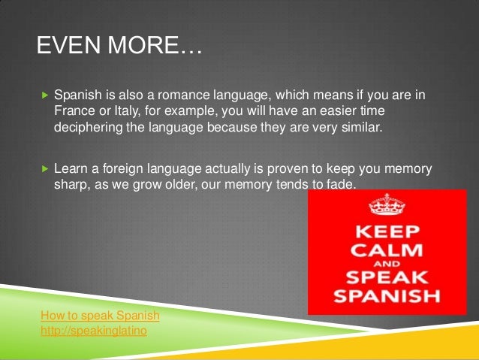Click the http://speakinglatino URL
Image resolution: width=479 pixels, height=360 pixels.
(x=94, y=329)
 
